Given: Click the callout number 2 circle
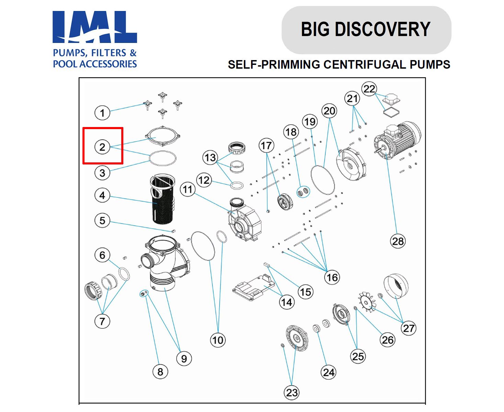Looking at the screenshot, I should click(x=102, y=147).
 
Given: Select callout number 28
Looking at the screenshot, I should click(x=398, y=241).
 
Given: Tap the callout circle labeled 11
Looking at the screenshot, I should click(x=188, y=189).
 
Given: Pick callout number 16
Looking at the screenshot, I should click(x=332, y=277).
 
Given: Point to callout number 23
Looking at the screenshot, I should click(x=292, y=392).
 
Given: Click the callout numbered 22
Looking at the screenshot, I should click(x=369, y=89).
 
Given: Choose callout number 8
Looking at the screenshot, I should click(x=160, y=371).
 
